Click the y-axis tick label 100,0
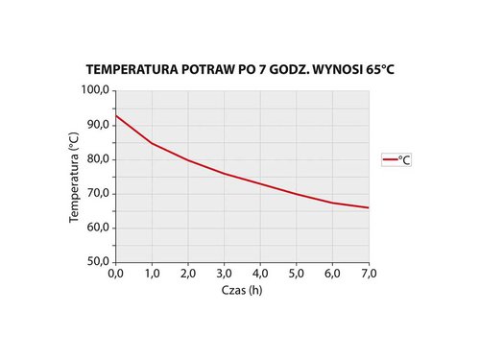click(97, 90)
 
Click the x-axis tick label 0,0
click(115, 275)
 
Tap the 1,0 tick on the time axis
click(152, 275)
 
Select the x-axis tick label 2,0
click(188, 275)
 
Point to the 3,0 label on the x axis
click(225, 275)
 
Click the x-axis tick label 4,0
click(260, 275)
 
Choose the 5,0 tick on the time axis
click(297, 275)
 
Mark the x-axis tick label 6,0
click(333, 275)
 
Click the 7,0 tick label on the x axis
click(369, 275)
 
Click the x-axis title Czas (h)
click(242, 291)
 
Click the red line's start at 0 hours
click(116, 115)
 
